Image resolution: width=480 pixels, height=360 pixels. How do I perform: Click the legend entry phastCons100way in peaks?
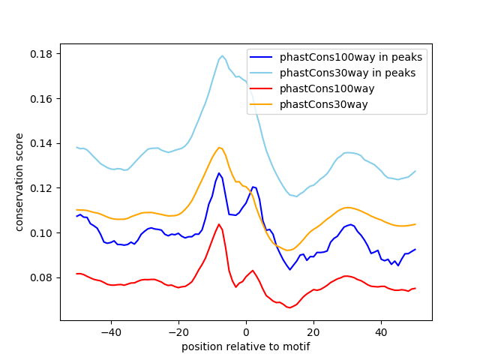coord(351,57)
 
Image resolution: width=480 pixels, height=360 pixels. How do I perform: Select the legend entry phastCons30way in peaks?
coord(347,73)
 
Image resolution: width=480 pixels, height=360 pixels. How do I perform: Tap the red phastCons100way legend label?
coord(327,88)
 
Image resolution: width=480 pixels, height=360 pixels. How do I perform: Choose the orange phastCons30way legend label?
coord(323,104)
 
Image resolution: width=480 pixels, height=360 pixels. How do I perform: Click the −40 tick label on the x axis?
coord(110,332)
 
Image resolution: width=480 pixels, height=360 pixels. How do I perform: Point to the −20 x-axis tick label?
coord(178,332)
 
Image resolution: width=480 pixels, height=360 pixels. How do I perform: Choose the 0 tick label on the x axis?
coord(246,332)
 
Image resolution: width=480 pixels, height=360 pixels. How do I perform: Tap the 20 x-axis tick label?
coord(313,332)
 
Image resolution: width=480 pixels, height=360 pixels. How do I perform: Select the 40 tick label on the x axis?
coord(381,332)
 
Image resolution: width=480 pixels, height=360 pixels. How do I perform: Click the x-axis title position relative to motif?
coord(246,346)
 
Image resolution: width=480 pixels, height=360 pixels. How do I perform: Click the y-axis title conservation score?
coord(20,181)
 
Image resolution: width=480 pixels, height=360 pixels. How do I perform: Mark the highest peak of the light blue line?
coord(222,55)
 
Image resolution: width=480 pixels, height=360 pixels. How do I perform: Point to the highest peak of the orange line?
coord(219,148)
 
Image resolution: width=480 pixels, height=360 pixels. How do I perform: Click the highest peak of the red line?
coord(219,224)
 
